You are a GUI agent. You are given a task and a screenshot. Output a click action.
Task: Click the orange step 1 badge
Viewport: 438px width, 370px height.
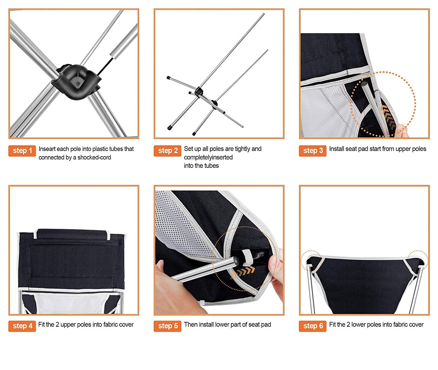22,151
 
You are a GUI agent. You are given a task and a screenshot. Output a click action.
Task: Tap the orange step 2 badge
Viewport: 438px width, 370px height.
167,151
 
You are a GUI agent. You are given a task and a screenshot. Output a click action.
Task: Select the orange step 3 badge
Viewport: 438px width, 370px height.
312,151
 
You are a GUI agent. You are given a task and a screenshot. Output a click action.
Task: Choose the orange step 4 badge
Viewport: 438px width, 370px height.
22,326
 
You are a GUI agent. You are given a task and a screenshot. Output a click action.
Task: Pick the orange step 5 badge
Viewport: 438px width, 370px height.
167,326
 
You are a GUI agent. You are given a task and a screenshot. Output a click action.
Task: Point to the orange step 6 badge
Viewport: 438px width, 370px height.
312,326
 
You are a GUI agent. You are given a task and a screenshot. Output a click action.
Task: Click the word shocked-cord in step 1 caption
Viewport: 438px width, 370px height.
94,157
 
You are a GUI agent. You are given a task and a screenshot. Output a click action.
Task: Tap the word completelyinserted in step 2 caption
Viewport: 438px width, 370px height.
208,157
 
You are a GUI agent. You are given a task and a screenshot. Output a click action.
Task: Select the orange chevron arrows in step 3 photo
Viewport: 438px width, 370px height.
387,116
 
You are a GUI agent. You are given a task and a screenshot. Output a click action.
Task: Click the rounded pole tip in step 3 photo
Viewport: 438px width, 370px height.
365,84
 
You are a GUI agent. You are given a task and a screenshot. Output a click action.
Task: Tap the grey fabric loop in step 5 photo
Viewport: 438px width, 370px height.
247,257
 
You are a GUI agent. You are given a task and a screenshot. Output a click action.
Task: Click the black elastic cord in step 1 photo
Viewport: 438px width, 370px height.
105,66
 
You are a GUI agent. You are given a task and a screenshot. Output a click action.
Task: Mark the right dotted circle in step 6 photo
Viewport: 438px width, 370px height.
418,261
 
